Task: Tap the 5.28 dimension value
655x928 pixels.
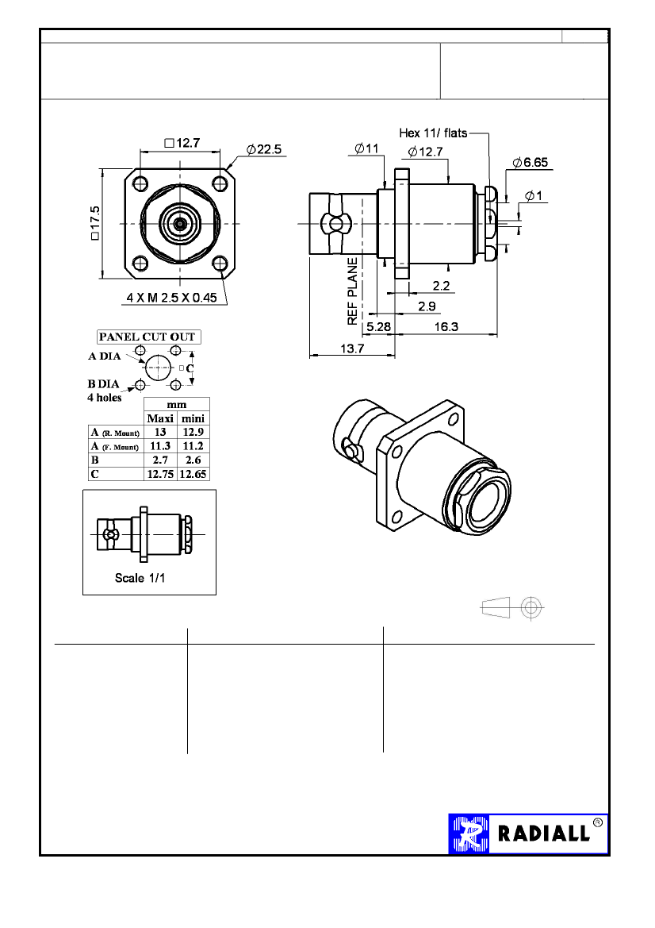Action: [x=377, y=326]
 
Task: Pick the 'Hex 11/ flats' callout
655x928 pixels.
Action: [x=433, y=133]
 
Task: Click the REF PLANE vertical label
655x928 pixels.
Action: [x=353, y=290]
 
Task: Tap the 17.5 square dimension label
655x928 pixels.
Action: [x=95, y=225]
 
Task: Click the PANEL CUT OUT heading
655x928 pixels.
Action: [x=147, y=337]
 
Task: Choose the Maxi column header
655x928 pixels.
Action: [x=159, y=418]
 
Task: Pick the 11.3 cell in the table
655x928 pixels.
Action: [x=159, y=446]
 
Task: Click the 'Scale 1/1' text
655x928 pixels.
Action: [x=141, y=577]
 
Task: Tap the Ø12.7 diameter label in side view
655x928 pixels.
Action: [x=425, y=152]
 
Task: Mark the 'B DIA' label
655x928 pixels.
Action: [x=102, y=385]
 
